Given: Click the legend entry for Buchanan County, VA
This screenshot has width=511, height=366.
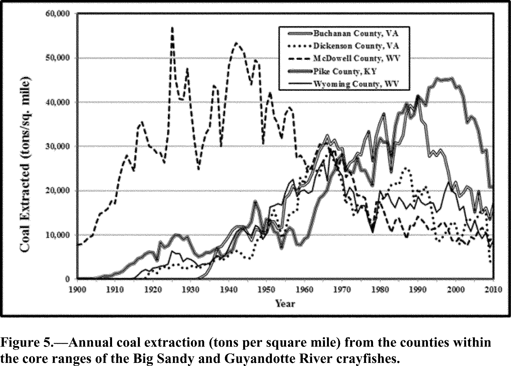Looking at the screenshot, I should point(356,34).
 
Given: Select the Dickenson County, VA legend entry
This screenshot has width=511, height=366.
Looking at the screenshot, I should point(356,46).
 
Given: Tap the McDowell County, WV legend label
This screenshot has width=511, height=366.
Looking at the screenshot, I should point(357,58).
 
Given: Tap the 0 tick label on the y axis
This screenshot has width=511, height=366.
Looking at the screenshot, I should point(67,279).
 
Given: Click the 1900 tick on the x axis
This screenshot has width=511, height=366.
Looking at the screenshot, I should point(77,290).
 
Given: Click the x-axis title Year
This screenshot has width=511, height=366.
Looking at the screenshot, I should point(285,304).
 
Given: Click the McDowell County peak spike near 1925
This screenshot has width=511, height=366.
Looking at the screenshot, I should point(172,28).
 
